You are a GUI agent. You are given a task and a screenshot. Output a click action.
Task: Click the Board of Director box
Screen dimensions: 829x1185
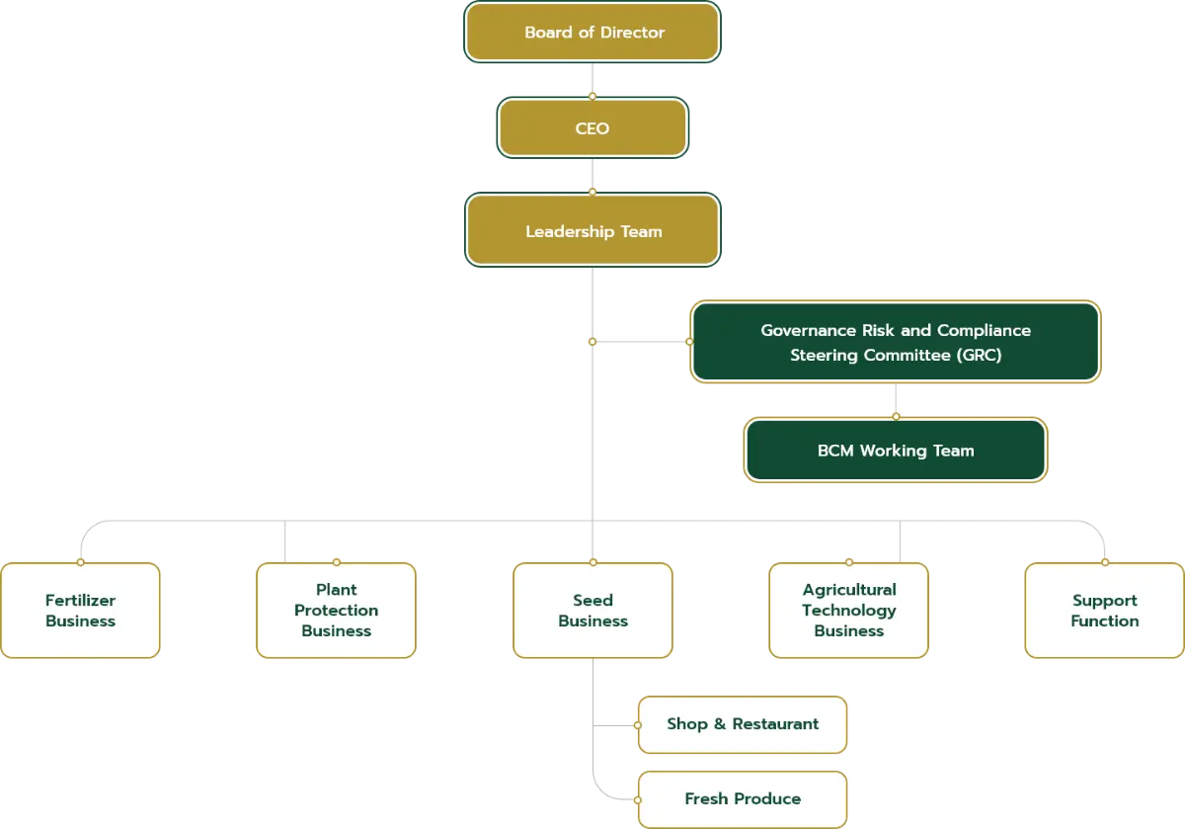pyautogui.click(x=592, y=33)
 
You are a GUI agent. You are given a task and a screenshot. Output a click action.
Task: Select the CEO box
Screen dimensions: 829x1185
pyautogui.click(x=592, y=128)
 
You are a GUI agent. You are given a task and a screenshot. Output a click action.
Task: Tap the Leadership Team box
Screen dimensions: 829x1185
pyautogui.click(x=592, y=231)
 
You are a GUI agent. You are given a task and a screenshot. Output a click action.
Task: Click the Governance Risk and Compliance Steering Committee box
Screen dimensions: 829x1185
pyautogui.click(x=895, y=342)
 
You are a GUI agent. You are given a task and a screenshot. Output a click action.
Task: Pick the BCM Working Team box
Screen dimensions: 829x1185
pyautogui.click(x=895, y=451)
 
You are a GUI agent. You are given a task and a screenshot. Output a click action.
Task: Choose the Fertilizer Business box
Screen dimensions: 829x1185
pyautogui.click(x=80, y=611)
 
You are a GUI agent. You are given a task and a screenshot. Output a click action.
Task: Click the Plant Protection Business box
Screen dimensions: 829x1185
pyautogui.click(x=336, y=611)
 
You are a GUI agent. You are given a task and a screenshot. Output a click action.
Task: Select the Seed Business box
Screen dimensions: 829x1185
pyautogui.click(x=592, y=611)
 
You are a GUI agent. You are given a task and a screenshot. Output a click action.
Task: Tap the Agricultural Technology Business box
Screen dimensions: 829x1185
pyautogui.click(x=848, y=611)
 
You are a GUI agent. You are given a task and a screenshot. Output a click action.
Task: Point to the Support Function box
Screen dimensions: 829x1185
pyautogui.click(x=1104, y=611)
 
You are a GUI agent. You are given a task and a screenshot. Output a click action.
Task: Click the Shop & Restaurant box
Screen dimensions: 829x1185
pyautogui.click(x=743, y=724)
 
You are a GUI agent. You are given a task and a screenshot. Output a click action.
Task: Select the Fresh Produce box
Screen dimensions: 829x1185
pyautogui.click(x=743, y=798)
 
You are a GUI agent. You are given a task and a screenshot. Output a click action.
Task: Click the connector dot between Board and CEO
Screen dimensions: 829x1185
pyautogui.click(x=592, y=96)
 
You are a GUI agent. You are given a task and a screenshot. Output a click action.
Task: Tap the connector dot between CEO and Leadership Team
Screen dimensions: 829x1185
pyautogui.click(x=592, y=192)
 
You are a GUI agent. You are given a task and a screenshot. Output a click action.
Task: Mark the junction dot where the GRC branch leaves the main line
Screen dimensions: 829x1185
pyautogui.click(x=592, y=341)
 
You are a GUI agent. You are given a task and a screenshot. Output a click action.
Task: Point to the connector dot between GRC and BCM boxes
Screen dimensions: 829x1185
pyautogui.click(x=896, y=417)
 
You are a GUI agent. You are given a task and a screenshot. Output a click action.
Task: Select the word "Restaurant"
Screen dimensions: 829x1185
pyautogui.click(x=775, y=724)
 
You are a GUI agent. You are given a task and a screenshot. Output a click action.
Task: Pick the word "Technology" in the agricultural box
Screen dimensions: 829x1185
pyautogui.click(x=848, y=610)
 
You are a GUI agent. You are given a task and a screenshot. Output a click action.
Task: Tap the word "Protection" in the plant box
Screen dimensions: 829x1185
pyautogui.click(x=336, y=610)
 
